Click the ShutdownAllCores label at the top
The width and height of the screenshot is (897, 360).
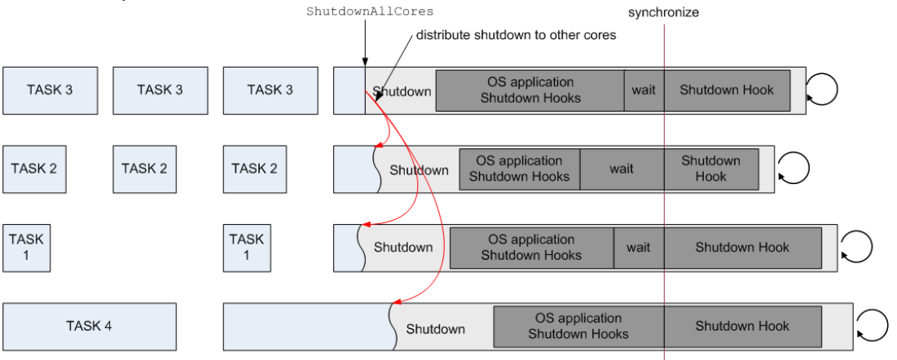(x=369, y=11)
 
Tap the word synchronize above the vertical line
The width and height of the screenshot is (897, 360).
(x=663, y=13)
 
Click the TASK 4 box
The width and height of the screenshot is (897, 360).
(x=90, y=326)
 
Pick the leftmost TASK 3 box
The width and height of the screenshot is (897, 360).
(x=50, y=90)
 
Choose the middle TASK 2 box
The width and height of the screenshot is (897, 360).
(x=144, y=169)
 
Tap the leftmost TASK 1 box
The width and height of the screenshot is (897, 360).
(x=27, y=248)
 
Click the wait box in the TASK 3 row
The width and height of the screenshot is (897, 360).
(x=644, y=90)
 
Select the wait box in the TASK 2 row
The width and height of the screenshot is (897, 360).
(x=622, y=169)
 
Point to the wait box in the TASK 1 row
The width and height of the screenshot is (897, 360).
(x=639, y=248)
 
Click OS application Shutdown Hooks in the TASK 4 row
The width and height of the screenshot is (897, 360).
(x=578, y=326)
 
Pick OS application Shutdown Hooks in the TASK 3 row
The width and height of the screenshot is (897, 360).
(x=530, y=90)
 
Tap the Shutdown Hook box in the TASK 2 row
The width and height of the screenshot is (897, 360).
(x=710, y=169)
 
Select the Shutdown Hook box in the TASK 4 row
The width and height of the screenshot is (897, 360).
(x=742, y=326)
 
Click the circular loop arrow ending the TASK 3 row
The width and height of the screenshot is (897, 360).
(x=822, y=88)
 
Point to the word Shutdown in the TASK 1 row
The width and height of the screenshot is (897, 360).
(x=403, y=248)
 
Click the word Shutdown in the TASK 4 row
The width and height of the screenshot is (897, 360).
(x=436, y=329)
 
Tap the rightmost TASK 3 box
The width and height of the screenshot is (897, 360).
(x=270, y=90)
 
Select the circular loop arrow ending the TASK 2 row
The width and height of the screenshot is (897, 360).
(x=794, y=168)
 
